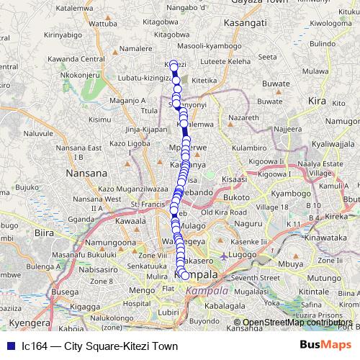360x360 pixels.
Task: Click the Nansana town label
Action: [86, 174]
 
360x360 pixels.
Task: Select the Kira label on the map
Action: [317, 102]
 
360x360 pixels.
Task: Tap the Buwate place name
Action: [276, 84]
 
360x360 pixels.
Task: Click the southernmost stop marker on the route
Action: [185, 275]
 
